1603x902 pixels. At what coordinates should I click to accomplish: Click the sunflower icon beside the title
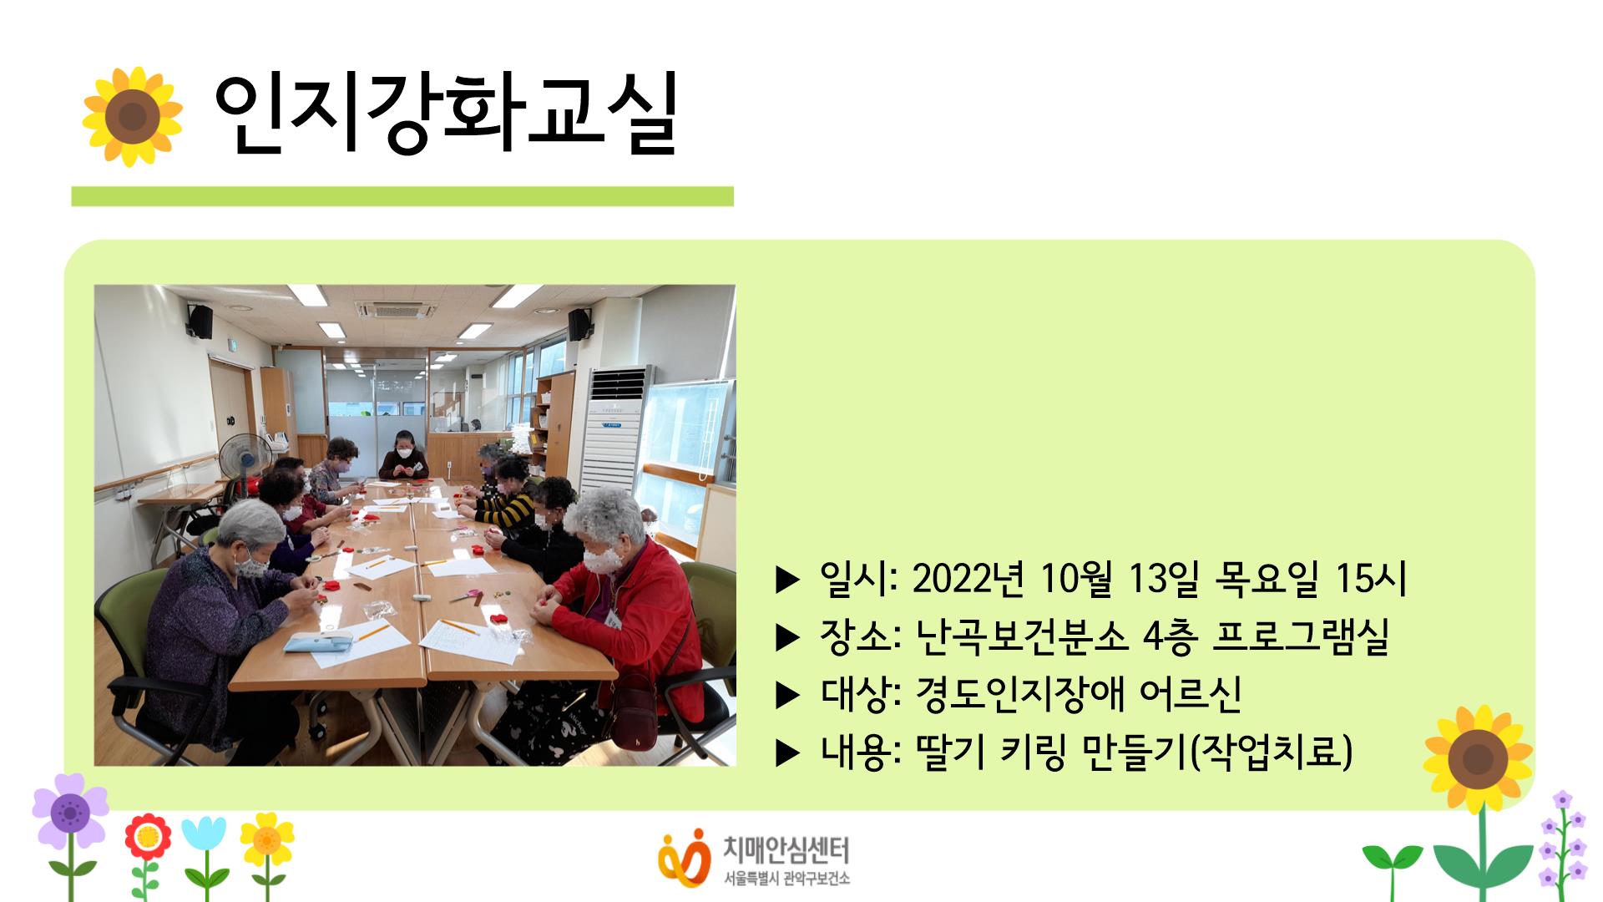[x=132, y=116]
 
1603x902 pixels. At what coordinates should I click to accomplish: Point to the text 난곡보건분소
[x=1021, y=636]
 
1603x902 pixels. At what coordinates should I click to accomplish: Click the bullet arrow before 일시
[x=787, y=580]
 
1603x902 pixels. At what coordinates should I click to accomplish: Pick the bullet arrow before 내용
[x=787, y=753]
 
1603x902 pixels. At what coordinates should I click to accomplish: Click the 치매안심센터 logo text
[x=785, y=851]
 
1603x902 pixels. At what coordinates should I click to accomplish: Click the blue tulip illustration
[x=204, y=835]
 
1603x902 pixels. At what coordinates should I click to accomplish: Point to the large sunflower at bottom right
[x=1478, y=760]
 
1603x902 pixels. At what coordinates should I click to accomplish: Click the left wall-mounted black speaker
[x=200, y=322]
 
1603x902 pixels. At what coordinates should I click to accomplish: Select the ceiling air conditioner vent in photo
[x=397, y=310]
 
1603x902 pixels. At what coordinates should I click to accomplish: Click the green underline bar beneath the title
[x=402, y=196]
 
